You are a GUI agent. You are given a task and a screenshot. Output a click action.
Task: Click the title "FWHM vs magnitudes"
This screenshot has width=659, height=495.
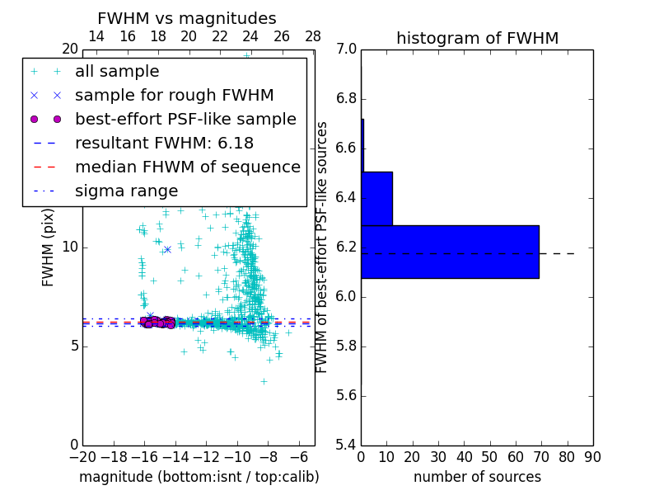[187, 19]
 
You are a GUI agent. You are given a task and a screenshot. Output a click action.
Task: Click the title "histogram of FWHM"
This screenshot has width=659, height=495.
[477, 38]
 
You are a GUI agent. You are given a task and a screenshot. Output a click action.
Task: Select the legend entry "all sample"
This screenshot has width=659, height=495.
[117, 72]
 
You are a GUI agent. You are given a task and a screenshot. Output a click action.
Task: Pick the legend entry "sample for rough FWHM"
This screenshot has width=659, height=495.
[174, 96]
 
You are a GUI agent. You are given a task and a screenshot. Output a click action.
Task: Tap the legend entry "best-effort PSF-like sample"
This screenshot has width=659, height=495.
[185, 120]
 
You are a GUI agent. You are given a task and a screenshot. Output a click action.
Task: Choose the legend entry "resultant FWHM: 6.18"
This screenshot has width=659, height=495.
[164, 144]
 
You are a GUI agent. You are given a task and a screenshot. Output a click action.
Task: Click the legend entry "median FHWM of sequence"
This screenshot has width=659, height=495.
[187, 167]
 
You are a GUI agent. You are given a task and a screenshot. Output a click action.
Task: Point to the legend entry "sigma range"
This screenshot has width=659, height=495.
[126, 191]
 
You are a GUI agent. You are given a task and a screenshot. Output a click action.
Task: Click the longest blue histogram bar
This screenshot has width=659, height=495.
[450, 252]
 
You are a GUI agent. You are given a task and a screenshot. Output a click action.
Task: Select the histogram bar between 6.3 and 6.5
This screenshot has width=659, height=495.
[376, 199]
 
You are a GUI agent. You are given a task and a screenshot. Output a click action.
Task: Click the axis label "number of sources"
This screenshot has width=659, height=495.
[477, 477]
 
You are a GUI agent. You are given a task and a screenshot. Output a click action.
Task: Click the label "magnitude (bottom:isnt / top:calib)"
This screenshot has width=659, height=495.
[199, 477]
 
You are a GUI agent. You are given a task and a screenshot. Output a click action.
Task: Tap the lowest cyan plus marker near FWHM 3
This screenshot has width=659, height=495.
[264, 381]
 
